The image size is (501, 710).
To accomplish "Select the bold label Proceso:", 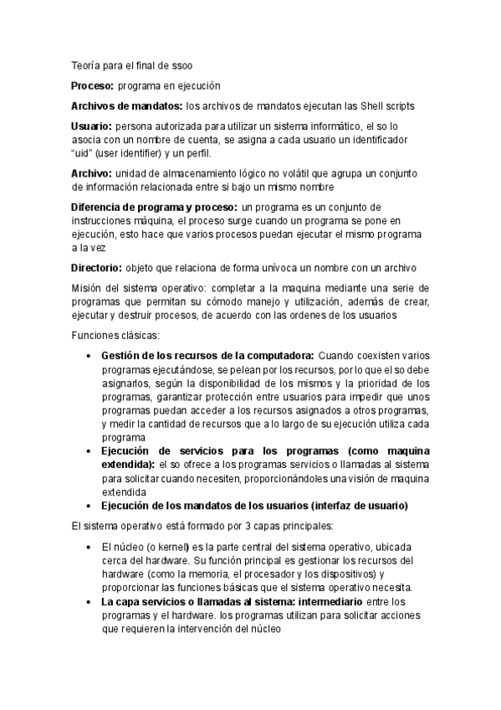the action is pos(93,85).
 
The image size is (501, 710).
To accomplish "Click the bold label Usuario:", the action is pos(92,126).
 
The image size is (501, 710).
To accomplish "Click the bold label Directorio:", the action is pos(97,268).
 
